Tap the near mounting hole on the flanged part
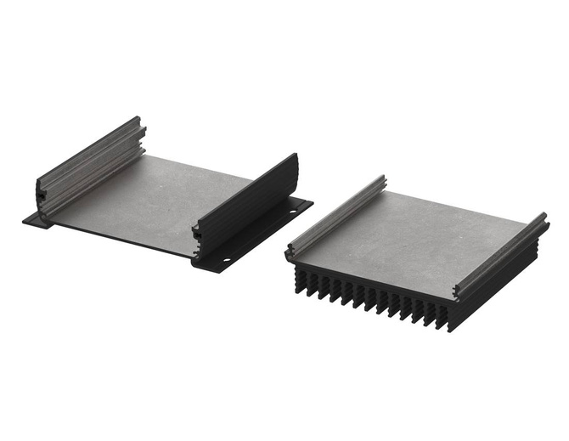point(227,260)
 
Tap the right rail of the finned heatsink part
point(501,255)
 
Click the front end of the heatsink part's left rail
point(292,251)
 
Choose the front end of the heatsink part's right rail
point(459,293)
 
